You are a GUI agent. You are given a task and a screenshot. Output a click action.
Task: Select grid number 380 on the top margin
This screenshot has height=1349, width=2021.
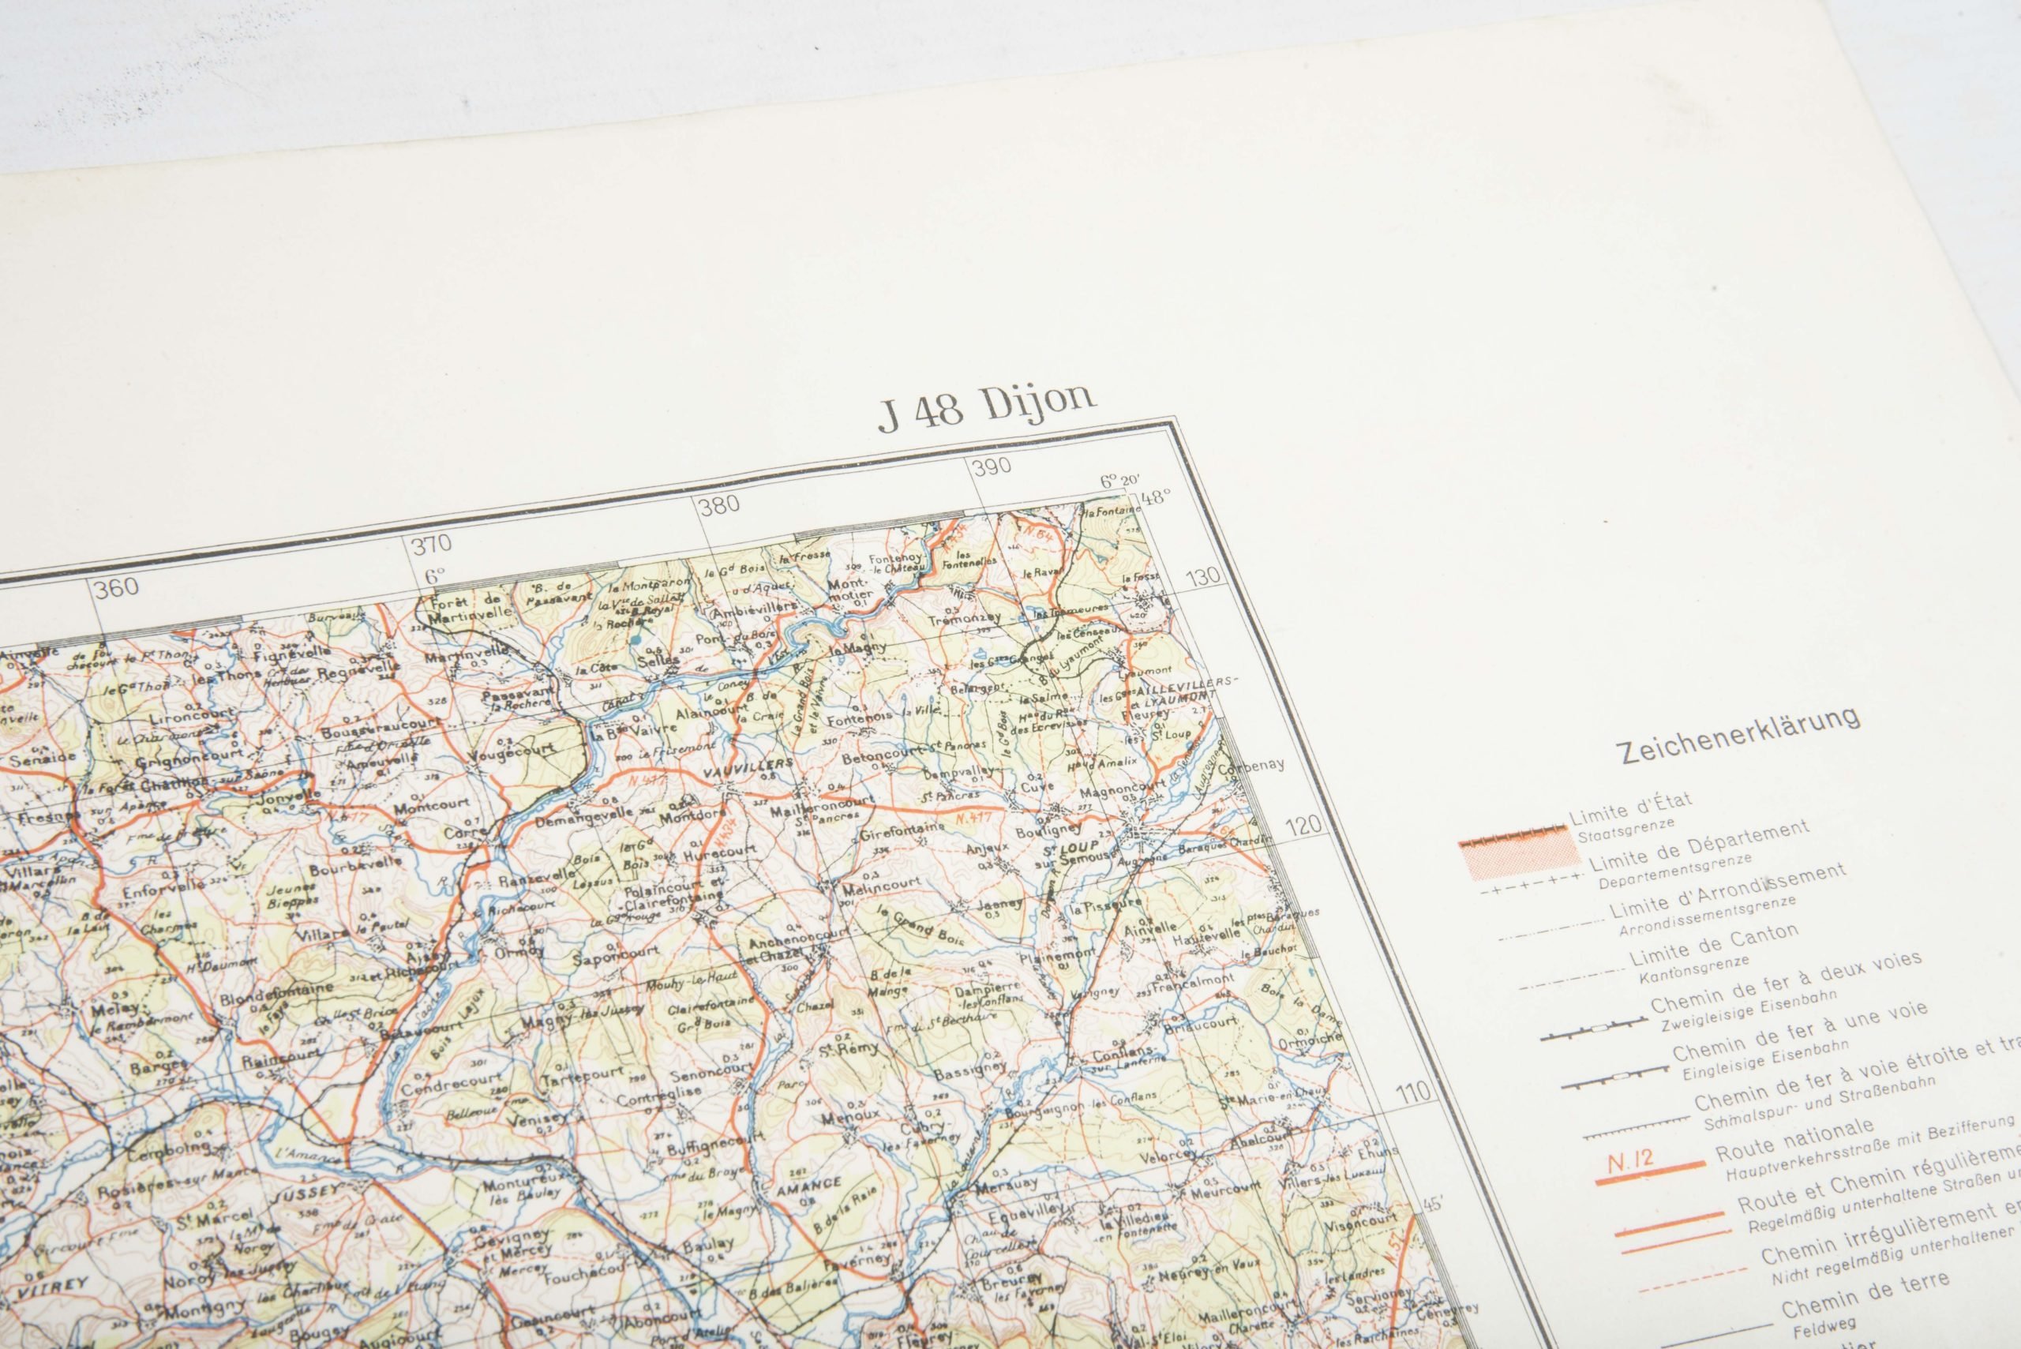point(719,504)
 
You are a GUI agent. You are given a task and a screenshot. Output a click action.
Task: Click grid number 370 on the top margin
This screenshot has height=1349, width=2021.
point(432,544)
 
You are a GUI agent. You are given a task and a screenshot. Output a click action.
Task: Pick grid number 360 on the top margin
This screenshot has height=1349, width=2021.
point(117,587)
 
